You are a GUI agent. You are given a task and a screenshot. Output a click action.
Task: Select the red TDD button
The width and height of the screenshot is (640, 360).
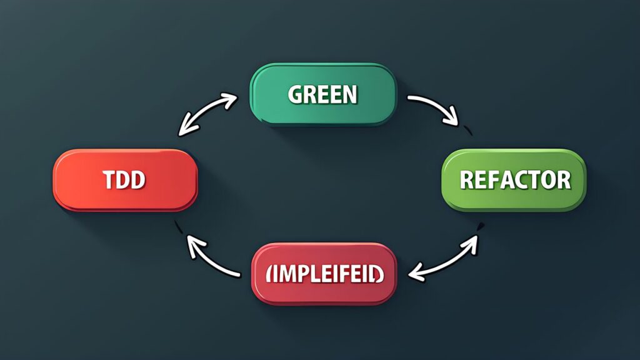[125, 179]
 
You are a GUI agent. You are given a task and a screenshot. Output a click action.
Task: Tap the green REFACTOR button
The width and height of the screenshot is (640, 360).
[514, 180]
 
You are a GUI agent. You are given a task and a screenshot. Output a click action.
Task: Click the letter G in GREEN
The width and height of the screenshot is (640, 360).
[295, 94]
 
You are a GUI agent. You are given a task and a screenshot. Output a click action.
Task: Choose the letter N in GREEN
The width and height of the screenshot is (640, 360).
[350, 94]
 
